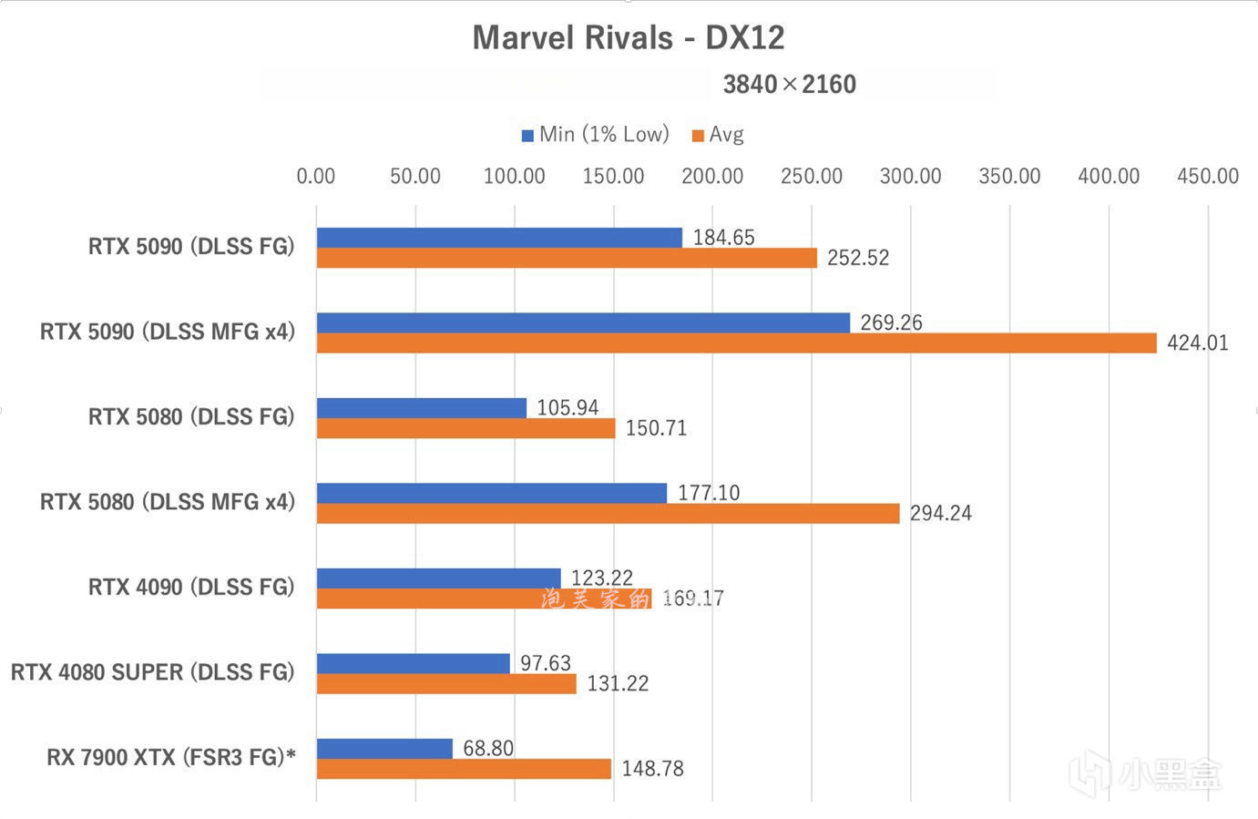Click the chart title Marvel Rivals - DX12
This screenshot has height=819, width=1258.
click(x=628, y=37)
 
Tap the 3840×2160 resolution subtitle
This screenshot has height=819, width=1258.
click(x=789, y=85)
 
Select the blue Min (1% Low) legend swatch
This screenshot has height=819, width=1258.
click(x=527, y=136)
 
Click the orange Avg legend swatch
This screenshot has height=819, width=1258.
click(x=698, y=136)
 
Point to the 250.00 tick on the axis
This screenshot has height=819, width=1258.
click(x=811, y=176)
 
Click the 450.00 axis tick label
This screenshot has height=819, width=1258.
click(x=1207, y=176)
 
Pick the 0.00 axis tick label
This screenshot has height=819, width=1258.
click(x=316, y=176)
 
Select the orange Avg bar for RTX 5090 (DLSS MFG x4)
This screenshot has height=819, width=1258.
click(x=736, y=343)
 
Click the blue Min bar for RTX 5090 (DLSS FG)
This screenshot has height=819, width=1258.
click(x=499, y=238)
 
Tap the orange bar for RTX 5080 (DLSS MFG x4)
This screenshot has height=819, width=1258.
click(x=608, y=514)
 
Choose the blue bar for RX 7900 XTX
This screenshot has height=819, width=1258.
click(x=384, y=749)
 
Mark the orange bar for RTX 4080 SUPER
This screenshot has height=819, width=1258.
click(x=446, y=683)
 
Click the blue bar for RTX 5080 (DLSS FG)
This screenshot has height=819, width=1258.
click(x=421, y=408)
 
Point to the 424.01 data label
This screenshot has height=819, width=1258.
click(x=1197, y=343)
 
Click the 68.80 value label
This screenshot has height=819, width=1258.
click(x=488, y=749)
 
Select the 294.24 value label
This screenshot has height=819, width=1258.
click(x=940, y=514)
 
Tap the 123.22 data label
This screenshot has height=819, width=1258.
click(x=601, y=578)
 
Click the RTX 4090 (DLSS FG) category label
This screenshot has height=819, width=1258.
click(x=191, y=588)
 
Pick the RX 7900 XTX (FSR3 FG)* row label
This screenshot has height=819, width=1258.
click(x=171, y=758)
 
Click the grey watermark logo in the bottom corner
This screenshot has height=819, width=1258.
click(x=1146, y=774)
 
